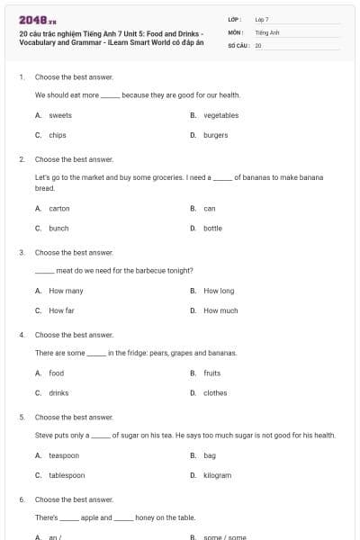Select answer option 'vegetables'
tap(220, 115)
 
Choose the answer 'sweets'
tap(60, 115)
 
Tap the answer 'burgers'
tap(215, 135)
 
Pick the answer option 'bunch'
tap(58, 228)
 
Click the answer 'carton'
tap(59, 208)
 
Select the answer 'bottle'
tap(212, 228)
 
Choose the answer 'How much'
tap(220, 310)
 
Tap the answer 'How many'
tap(66, 291)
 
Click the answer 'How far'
tap(61, 310)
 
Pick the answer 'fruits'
tap(211, 373)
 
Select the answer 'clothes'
tap(215, 392)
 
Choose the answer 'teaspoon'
tap(64, 455)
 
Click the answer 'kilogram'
tap(217, 475)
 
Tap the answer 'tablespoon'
tap(67, 475)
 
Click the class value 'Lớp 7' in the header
tap(262, 19)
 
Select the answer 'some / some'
tap(224, 536)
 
